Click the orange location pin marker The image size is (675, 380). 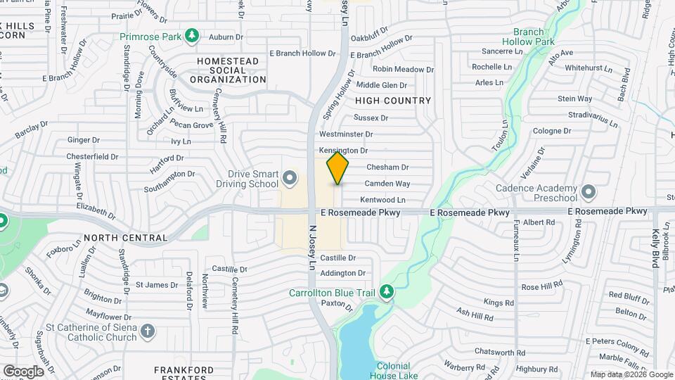coord(337,168)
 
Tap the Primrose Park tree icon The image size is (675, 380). coord(191,36)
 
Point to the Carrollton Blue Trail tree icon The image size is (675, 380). coord(385,291)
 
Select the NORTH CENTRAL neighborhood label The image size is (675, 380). coord(116,238)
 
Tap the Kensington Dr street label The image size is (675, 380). coord(343,151)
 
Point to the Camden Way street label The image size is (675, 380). coord(387,184)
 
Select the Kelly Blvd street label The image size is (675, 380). coord(655,248)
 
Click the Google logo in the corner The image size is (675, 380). coord(23,371)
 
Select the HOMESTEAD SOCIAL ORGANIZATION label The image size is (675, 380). coord(228,70)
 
